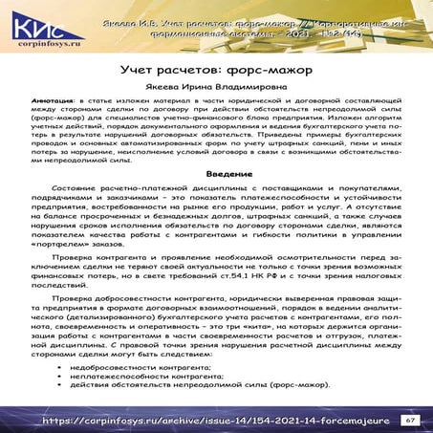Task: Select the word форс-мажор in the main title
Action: click(253, 72)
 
